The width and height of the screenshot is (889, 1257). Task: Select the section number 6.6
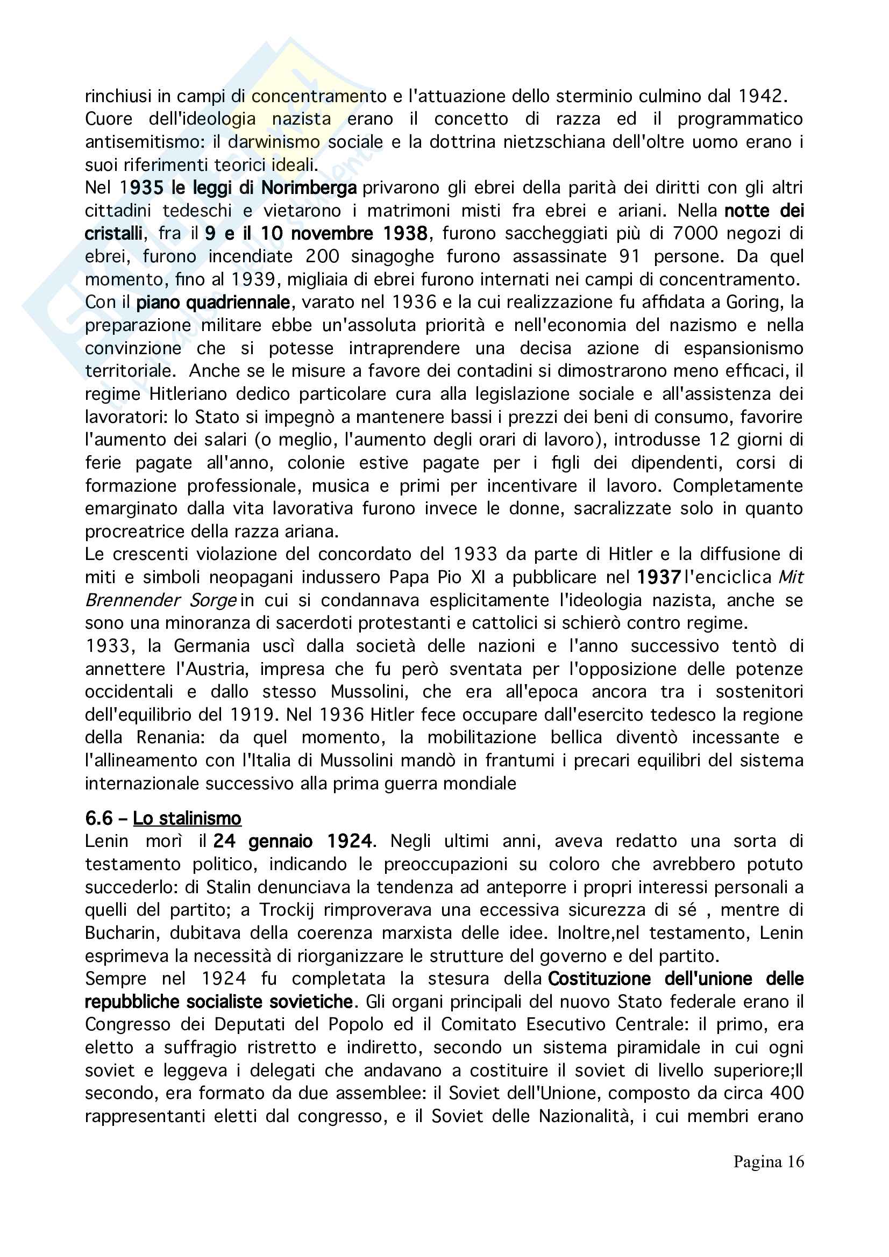[x=98, y=818]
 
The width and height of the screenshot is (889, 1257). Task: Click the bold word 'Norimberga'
[x=309, y=188]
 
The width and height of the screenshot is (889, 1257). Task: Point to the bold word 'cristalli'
[x=113, y=234]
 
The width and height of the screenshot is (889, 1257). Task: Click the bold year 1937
[x=659, y=577]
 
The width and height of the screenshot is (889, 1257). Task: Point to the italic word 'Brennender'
[x=132, y=600]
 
